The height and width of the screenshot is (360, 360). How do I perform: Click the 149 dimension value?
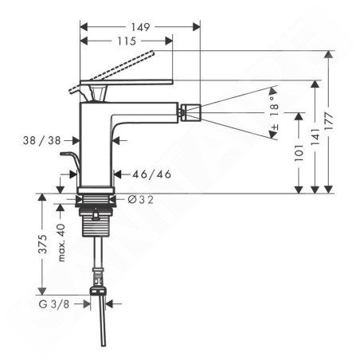pyautogui.click(x=140, y=27)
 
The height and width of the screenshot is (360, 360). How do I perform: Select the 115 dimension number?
pyautogui.click(x=127, y=41)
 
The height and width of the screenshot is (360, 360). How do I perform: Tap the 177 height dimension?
pyautogui.click(x=329, y=121)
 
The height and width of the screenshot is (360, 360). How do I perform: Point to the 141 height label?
pyautogui.click(x=315, y=137)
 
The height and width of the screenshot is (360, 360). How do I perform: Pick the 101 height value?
pyautogui.click(x=299, y=153)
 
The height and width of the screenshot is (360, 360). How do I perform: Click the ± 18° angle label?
pyautogui.click(x=275, y=113)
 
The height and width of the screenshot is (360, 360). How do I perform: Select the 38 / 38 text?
pyautogui.click(x=42, y=140)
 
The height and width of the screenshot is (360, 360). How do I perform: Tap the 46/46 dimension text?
pyautogui.click(x=152, y=174)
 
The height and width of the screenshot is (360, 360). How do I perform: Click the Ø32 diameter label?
pyautogui.click(x=140, y=200)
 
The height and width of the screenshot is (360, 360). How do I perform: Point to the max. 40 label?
pyautogui.click(x=61, y=242)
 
